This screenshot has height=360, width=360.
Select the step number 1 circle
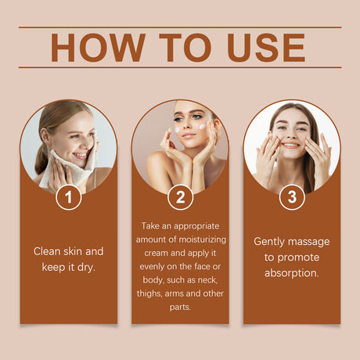(x=69, y=197)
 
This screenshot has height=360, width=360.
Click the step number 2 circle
(x=180, y=197)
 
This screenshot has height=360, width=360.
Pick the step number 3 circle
(x=292, y=197)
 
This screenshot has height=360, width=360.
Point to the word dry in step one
(x=90, y=267)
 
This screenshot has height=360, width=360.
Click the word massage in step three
(x=311, y=241)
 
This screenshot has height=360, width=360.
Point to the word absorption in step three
(x=292, y=272)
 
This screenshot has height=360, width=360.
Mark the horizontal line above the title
(x=180, y=27)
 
